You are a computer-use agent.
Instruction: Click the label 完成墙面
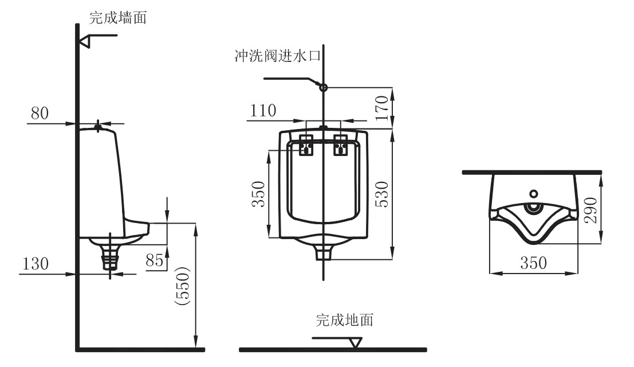point(117,17)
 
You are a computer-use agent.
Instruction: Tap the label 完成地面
point(345,319)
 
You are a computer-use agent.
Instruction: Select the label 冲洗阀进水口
point(277,56)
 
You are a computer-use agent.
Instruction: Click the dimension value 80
point(40,113)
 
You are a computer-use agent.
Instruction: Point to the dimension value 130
point(36,263)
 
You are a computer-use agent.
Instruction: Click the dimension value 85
point(155,260)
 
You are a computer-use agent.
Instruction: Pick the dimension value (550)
point(184,286)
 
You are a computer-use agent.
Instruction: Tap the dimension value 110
point(263,110)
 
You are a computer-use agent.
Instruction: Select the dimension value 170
point(381,108)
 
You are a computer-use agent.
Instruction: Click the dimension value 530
point(381,194)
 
